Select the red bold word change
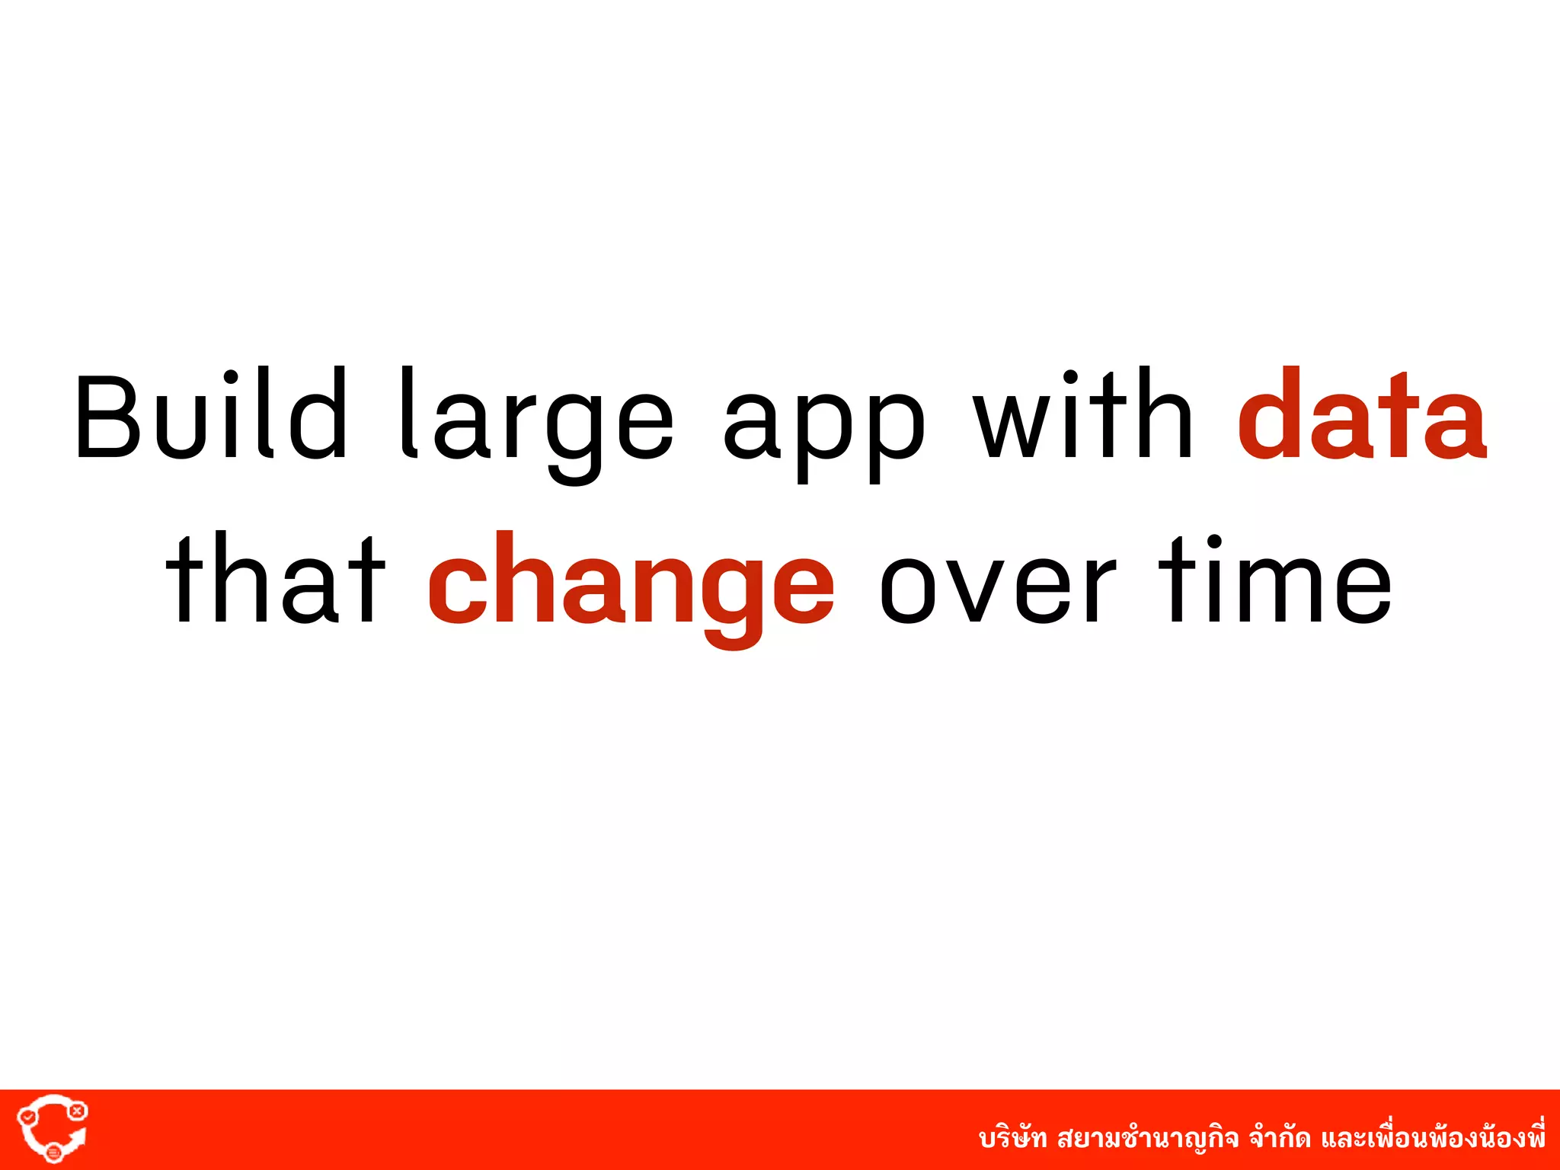pyautogui.click(x=631, y=587)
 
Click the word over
pyautogui.click(x=997, y=587)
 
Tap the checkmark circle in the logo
pyautogui.click(x=27, y=1117)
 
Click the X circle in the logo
pyautogui.click(x=77, y=1111)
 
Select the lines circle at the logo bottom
pyautogui.click(x=53, y=1153)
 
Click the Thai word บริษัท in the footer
pyautogui.click(x=1013, y=1139)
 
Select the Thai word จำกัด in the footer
pyautogui.click(x=1280, y=1139)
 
